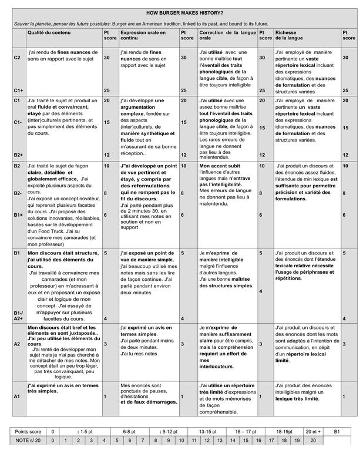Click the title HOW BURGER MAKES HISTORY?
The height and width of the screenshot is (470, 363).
(x=184, y=12)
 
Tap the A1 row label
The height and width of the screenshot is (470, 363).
(x=17, y=397)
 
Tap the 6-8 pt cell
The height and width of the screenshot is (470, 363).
(x=130, y=448)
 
